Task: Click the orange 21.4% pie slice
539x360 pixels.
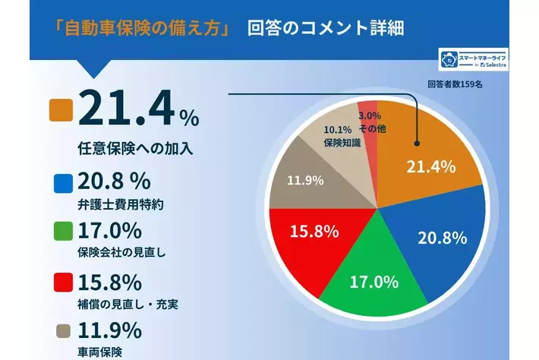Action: point(437,152)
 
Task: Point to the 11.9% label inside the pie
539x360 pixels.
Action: point(306,180)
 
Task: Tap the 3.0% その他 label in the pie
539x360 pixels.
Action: point(370,123)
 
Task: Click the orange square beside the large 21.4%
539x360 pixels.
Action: point(61,111)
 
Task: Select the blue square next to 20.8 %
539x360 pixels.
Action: point(64,183)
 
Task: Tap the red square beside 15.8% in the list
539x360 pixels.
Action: point(64,283)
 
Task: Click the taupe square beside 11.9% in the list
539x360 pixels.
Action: point(64,330)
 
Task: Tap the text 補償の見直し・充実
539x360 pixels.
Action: point(133,305)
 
